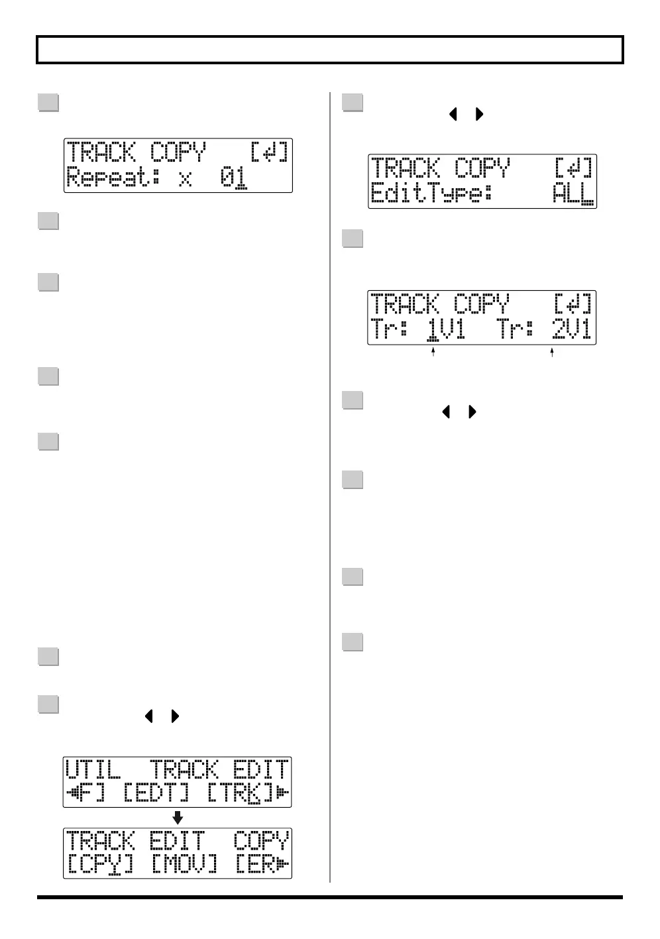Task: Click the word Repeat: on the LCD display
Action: [113, 179]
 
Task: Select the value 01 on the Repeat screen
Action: [234, 178]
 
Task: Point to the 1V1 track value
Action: [445, 329]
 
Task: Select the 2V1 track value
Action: [571, 329]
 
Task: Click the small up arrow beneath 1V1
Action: [433, 353]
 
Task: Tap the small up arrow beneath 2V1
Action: [552, 353]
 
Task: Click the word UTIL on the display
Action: [93, 771]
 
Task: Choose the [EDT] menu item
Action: [156, 793]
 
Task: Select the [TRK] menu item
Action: [240, 793]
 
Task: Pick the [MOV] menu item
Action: [184, 864]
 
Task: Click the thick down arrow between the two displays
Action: [178, 817]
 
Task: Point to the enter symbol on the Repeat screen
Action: [269, 153]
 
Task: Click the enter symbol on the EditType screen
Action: [573, 169]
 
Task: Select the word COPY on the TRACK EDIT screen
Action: [261, 841]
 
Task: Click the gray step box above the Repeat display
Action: [48, 103]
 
